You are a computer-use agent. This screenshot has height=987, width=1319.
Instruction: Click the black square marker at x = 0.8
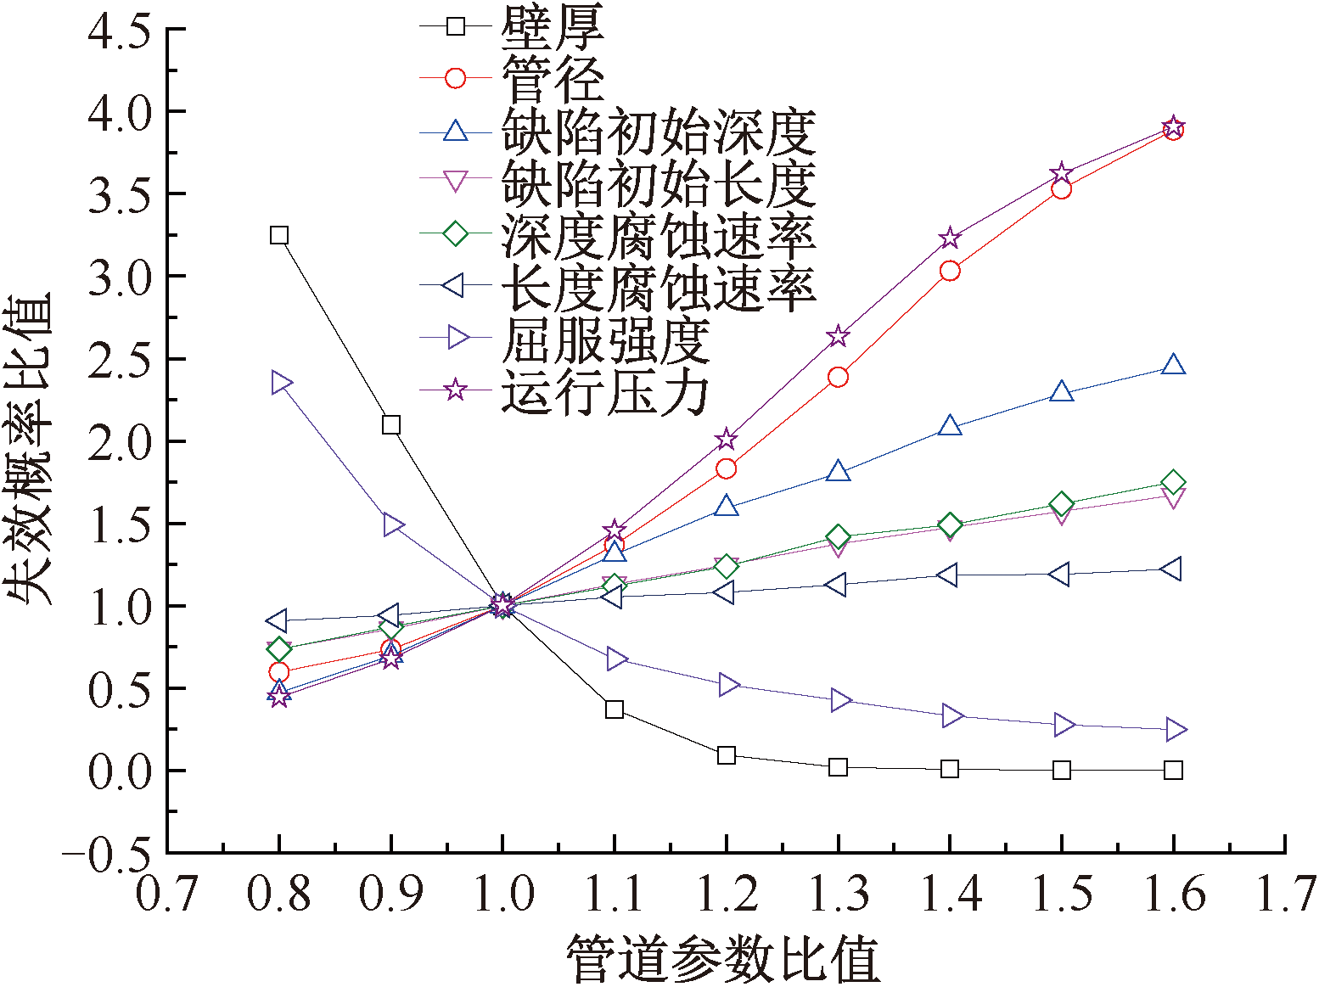pyautogui.click(x=279, y=235)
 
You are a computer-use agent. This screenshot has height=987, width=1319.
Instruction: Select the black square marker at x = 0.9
pyautogui.click(x=391, y=424)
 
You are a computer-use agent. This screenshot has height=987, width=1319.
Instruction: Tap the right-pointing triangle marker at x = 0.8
pyautogui.click(x=281, y=383)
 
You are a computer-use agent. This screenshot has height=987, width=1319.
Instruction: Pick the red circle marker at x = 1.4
pyautogui.click(x=950, y=271)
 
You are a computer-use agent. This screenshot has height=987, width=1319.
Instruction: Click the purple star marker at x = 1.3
pyautogui.click(x=838, y=336)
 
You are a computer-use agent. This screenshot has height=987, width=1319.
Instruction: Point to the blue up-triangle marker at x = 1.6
pyautogui.click(x=1173, y=365)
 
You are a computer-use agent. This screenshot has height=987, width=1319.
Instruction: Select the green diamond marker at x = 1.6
pyautogui.click(x=1173, y=482)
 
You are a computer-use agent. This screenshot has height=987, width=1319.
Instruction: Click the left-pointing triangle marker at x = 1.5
pyautogui.click(x=1060, y=575)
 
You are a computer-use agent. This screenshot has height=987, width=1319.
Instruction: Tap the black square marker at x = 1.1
pyautogui.click(x=615, y=709)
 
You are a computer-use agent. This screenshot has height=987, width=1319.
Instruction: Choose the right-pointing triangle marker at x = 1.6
pyautogui.click(x=1175, y=729)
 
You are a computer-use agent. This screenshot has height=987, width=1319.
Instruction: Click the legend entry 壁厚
pyautogui.click(x=553, y=27)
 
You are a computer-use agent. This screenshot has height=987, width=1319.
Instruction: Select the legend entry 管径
pyautogui.click(x=553, y=79)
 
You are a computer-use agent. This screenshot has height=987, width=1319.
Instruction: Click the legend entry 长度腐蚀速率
pyautogui.click(x=659, y=288)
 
